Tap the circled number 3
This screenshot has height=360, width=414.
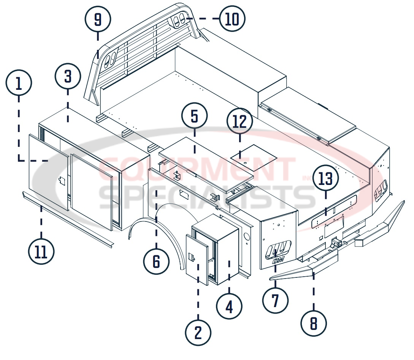[x=68, y=76]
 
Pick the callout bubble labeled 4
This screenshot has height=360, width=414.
[x=229, y=307]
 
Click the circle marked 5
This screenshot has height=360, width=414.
[x=194, y=116]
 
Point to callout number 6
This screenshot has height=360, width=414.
[x=156, y=261]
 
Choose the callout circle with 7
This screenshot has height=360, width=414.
[x=275, y=300]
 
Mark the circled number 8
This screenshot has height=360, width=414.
[x=313, y=324]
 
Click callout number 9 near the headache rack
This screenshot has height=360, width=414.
[x=98, y=19]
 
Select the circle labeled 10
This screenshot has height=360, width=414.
[x=232, y=19]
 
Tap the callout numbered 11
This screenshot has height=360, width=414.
[x=41, y=252]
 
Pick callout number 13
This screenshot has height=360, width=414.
[x=326, y=178]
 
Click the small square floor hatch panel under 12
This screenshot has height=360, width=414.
[x=254, y=157]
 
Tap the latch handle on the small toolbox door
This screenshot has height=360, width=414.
[x=192, y=257]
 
